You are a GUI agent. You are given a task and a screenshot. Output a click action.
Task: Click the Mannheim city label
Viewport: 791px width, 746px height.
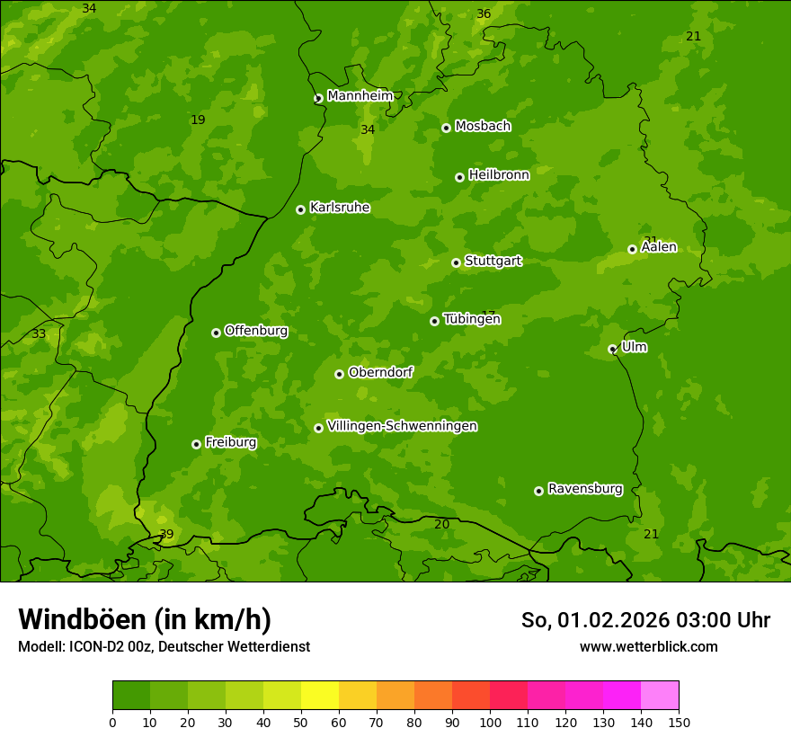point(360,96)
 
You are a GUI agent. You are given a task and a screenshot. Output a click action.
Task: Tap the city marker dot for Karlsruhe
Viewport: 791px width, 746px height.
point(300,209)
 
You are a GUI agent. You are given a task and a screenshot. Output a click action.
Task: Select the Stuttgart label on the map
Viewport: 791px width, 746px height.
point(493,262)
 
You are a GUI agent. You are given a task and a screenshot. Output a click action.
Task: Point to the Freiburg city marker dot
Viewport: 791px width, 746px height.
point(196,444)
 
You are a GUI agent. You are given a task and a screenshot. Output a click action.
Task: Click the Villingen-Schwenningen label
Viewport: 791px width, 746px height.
point(402,426)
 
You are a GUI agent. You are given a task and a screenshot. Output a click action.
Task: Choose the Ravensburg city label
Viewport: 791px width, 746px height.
point(584,489)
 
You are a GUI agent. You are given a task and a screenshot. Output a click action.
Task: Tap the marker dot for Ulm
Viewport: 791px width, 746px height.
point(612,349)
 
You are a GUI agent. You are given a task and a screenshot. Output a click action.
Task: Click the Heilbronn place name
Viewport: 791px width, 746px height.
point(499,175)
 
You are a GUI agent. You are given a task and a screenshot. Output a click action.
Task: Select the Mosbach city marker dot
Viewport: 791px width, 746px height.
point(446,128)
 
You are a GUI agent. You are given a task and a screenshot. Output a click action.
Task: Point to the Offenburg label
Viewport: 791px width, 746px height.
point(256,331)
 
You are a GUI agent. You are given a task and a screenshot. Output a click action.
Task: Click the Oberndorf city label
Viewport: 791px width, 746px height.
point(380,372)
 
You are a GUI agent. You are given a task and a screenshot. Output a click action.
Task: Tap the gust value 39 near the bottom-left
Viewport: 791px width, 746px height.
point(166,534)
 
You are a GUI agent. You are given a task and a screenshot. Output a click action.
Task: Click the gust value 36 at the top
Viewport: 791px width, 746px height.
point(484,13)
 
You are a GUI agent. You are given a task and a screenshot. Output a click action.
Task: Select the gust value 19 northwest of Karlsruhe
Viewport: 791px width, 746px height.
point(198,120)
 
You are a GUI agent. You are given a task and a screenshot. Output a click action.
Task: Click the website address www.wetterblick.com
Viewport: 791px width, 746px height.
point(648,646)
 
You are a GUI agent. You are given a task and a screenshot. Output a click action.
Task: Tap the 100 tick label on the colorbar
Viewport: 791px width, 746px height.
point(490,722)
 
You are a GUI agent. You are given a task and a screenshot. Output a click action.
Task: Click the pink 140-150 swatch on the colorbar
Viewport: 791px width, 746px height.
point(660,696)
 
